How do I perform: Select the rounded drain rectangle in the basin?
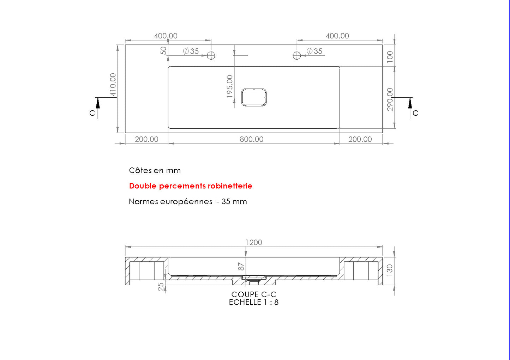pos(254,89)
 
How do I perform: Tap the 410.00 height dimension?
pos(113,85)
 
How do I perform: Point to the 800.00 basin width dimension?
pos(251,139)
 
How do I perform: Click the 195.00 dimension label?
pos(229,86)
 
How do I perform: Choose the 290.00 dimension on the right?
pos(390,99)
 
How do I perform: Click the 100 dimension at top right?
pos(390,57)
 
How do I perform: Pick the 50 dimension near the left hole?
pos(163,50)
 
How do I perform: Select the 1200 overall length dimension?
pos(254,243)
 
